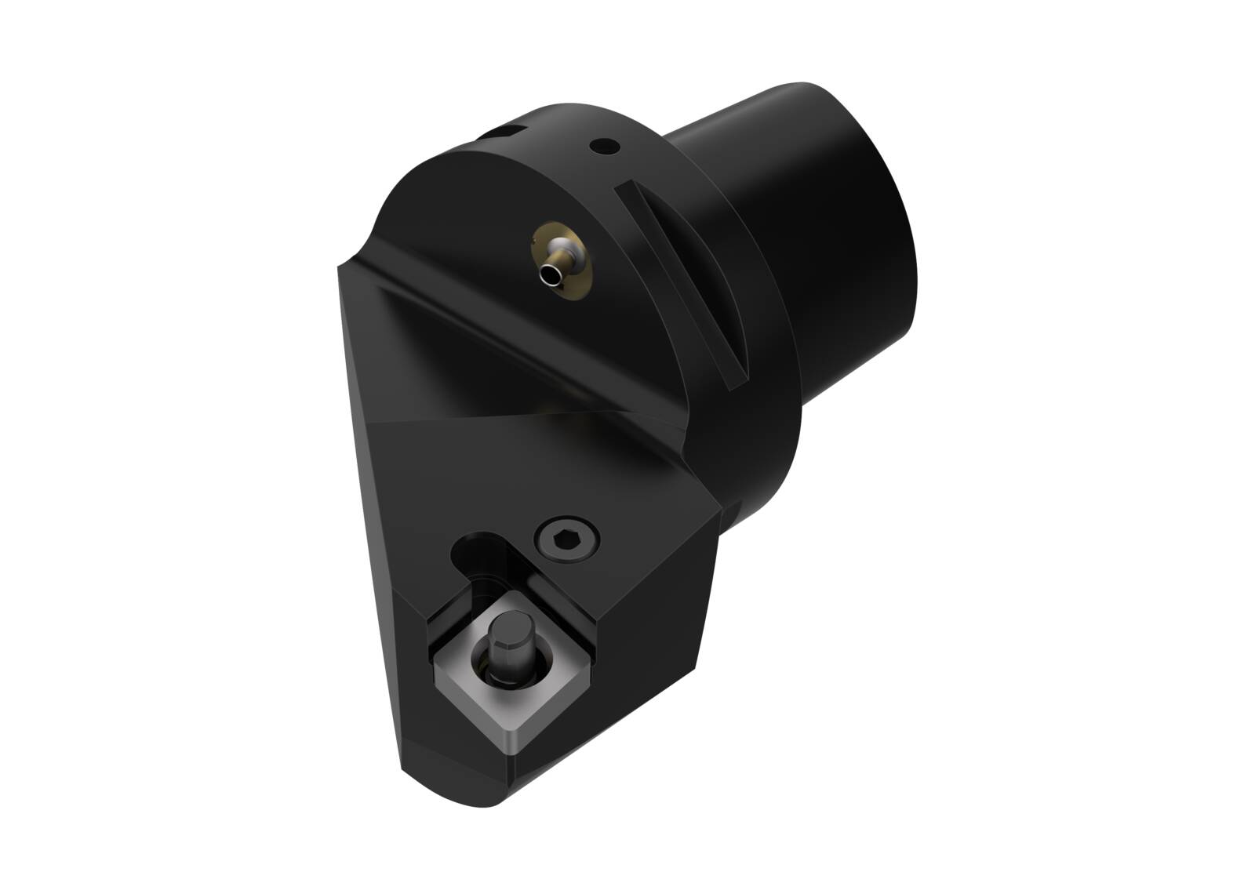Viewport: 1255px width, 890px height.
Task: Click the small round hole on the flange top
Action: pos(604,145)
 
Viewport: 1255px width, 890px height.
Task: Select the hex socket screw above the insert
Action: pos(566,540)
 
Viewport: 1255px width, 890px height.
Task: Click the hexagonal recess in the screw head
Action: pos(566,540)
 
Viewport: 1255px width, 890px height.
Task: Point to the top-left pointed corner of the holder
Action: pos(341,271)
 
